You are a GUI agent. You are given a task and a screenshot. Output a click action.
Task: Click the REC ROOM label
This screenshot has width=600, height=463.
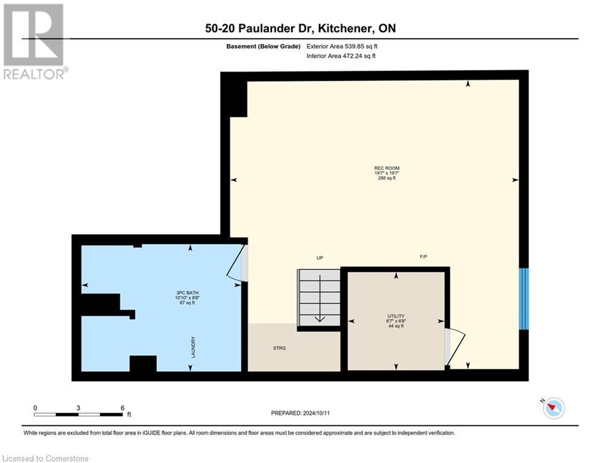(387, 168)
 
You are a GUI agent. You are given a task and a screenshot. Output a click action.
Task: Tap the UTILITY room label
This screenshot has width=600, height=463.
(396, 316)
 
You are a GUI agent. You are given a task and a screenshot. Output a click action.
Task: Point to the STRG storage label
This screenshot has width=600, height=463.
(279, 348)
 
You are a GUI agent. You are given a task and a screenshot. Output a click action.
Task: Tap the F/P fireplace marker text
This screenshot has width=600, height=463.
(423, 257)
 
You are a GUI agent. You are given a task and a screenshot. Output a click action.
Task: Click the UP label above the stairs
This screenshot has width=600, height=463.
(320, 258)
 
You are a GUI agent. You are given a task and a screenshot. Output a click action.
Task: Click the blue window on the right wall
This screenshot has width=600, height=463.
(523, 298)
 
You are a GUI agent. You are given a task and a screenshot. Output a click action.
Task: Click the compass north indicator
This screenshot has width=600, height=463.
(552, 408)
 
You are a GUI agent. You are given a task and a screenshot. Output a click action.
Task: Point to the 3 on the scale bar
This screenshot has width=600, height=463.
(78, 408)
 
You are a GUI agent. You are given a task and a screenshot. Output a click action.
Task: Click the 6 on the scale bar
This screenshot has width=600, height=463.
(122, 408)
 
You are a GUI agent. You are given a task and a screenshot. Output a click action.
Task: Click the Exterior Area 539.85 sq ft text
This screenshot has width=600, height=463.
(341, 46)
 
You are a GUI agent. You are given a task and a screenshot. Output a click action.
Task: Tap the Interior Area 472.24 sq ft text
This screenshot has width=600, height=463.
(341, 56)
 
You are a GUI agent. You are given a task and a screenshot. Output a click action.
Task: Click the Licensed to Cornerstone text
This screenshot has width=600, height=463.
(45, 459)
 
